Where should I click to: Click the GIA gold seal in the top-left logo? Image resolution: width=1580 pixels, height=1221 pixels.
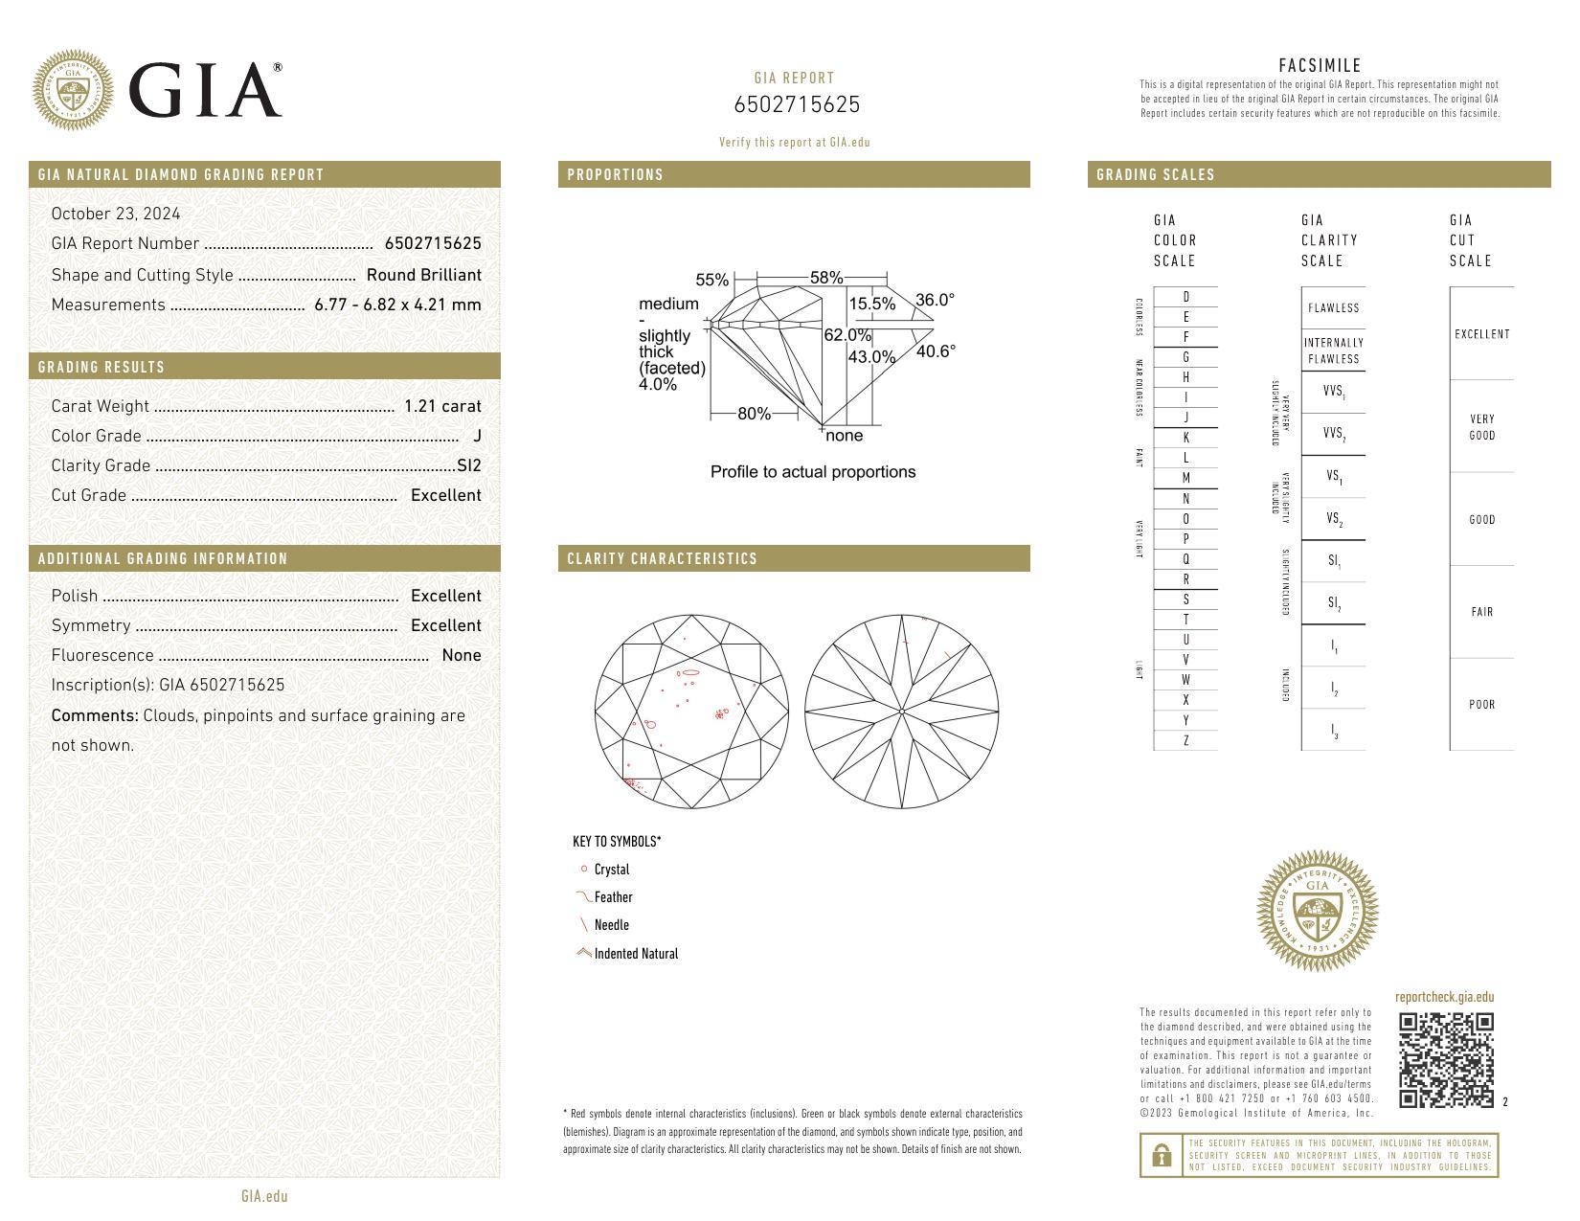(73, 90)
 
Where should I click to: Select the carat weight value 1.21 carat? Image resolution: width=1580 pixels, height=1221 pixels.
(442, 406)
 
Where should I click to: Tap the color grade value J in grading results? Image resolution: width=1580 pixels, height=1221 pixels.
(477, 436)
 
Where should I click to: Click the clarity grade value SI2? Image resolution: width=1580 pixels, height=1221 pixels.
(469, 465)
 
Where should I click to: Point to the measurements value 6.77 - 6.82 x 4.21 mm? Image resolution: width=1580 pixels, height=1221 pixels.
(397, 305)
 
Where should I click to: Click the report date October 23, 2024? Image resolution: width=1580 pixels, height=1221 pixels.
(116, 214)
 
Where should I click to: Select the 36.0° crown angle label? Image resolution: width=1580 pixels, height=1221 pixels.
(935, 300)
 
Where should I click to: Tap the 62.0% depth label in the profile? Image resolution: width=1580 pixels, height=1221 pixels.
(847, 335)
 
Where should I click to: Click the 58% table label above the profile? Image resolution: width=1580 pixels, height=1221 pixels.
(825, 278)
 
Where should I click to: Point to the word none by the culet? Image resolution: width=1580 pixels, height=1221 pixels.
(844, 436)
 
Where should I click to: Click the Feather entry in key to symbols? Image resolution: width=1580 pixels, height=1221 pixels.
(613, 897)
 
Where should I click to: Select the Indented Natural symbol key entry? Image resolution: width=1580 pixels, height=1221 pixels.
(636, 954)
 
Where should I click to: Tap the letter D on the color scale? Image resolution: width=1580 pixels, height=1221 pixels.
(1185, 297)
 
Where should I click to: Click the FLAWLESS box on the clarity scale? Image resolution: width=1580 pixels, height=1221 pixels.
(1333, 308)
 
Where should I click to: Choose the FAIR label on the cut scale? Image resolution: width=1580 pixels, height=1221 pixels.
(1481, 612)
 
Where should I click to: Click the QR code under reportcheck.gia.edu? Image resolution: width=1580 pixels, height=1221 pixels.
(1446, 1060)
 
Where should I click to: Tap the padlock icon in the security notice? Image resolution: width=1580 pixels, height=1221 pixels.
(1162, 1156)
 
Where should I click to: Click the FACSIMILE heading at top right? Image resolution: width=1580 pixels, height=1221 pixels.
(1320, 66)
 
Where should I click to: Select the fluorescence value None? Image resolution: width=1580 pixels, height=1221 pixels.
(462, 655)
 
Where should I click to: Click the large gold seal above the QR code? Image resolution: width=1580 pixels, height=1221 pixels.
(1317, 912)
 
